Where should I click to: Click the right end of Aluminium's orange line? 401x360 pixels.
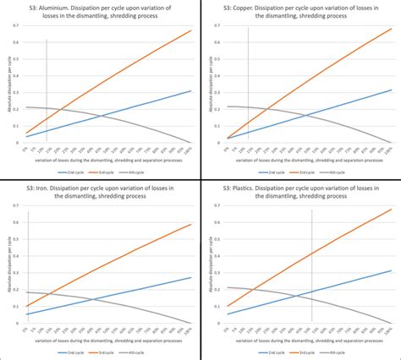click(x=190, y=31)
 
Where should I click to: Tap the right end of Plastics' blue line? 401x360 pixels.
click(x=390, y=270)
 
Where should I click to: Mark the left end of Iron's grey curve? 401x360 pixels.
click(x=27, y=292)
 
